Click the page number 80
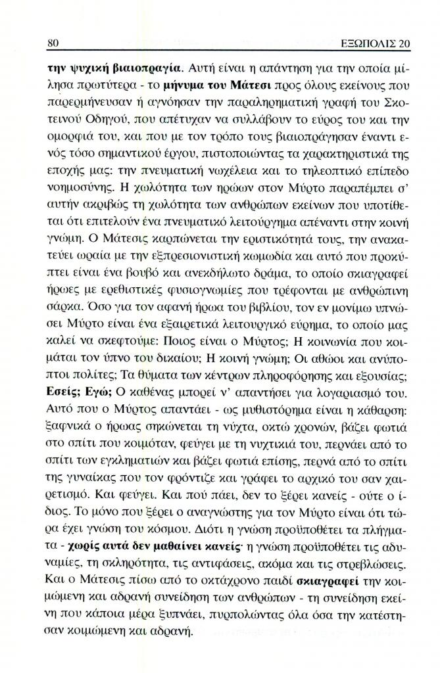coord(55,43)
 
